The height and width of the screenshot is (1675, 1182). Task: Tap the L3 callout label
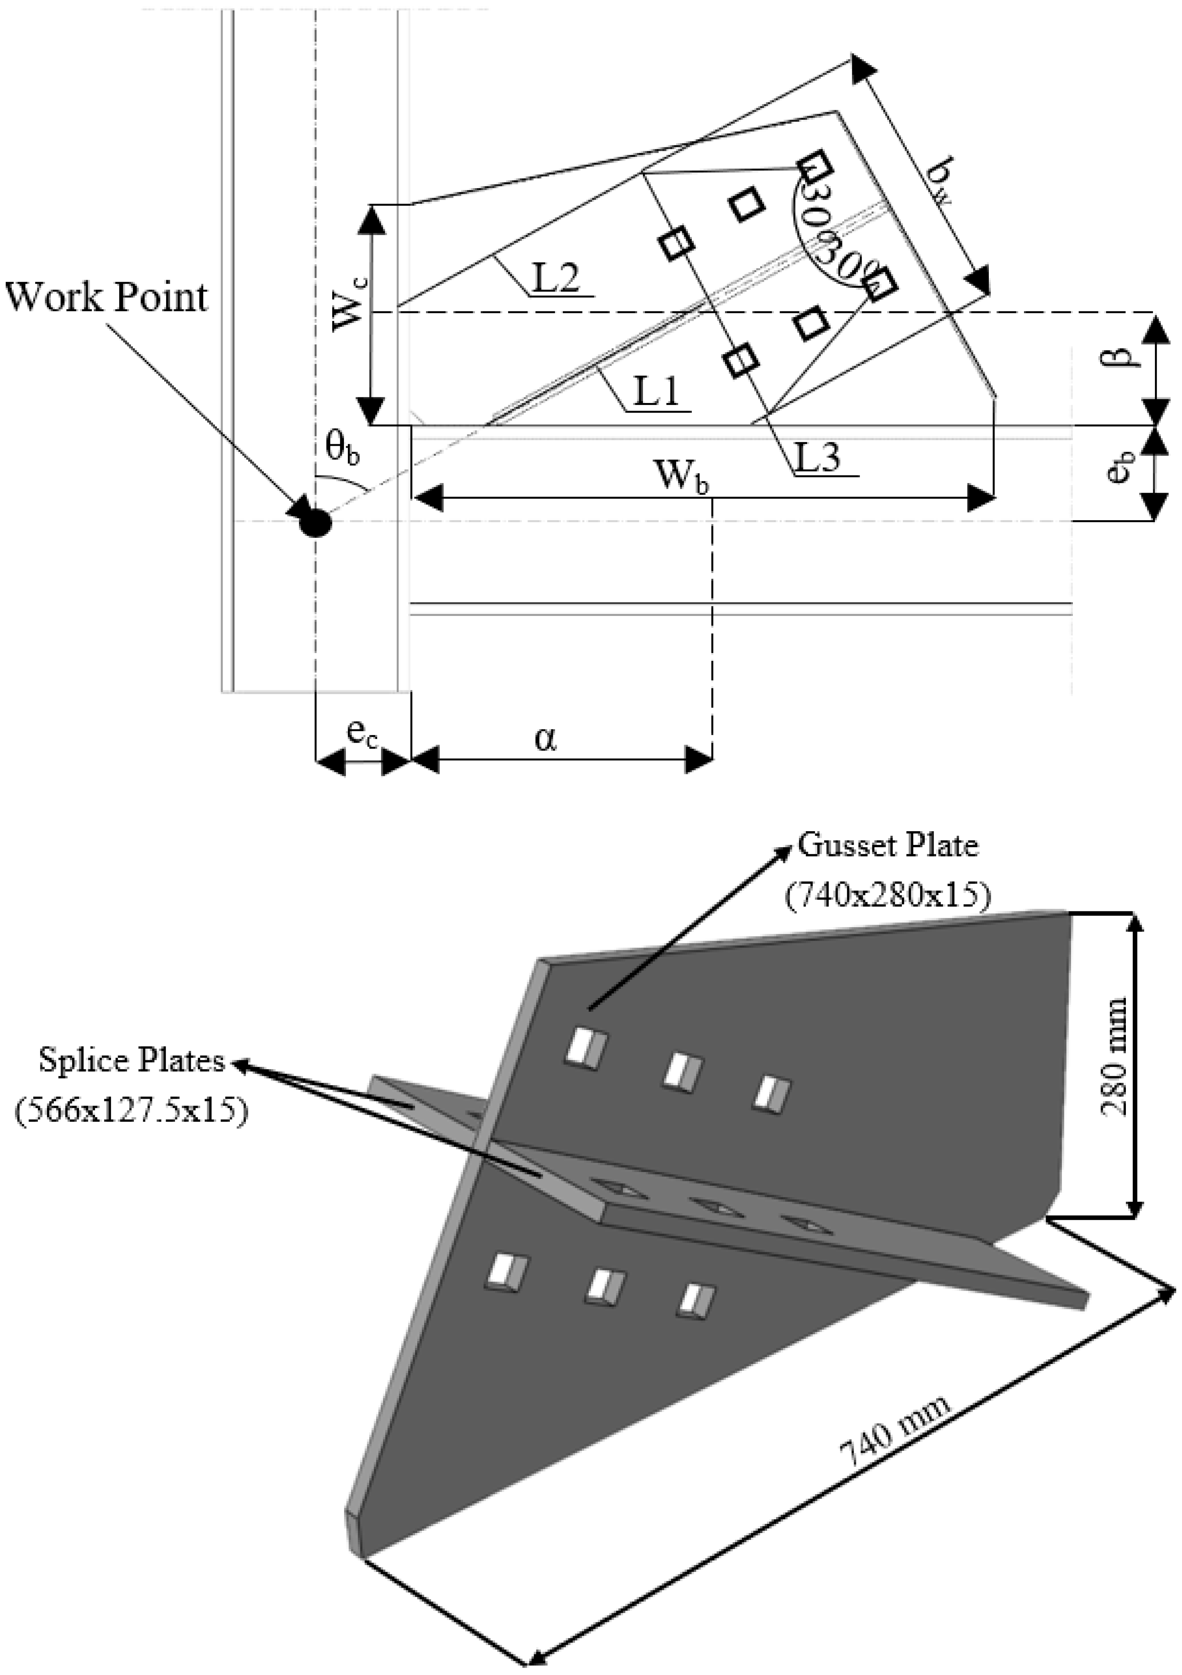pyautogui.click(x=818, y=458)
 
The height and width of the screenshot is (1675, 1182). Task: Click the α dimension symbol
pyautogui.click(x=545, y=739)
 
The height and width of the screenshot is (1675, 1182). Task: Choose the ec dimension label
pyautogui.click(x=362, y=733)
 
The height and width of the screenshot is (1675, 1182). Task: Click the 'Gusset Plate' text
pyautogui.click(x=887, y=846)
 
